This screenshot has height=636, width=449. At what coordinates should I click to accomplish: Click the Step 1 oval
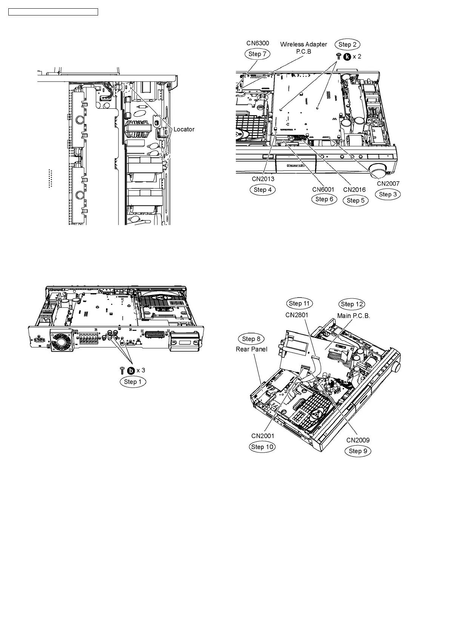point(133,382)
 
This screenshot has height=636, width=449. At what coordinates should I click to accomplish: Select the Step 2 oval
point(347,45)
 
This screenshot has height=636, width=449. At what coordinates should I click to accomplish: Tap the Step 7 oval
point(257,54)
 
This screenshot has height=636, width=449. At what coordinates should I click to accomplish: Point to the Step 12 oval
point(352,304)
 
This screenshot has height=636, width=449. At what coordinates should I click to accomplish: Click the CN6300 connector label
point(258,43)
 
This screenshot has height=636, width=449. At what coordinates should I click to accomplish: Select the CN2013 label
point(263,179)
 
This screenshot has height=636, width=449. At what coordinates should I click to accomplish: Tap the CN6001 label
point(323,189)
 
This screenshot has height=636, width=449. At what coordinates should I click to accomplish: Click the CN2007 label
point(388,184)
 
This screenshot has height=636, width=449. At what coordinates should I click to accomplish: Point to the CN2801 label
point(297,315)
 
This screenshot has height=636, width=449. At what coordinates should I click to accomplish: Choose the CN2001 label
point(263,436)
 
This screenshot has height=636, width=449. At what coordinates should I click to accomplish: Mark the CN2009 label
point(358,440)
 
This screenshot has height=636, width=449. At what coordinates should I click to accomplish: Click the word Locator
point(184,129)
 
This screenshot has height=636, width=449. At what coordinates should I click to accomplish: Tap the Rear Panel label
point(251,349)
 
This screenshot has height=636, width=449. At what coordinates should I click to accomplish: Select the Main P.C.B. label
point(354,316)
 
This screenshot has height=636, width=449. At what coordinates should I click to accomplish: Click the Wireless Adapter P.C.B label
point(303,48)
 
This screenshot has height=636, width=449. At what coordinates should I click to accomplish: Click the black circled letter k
point(347,57)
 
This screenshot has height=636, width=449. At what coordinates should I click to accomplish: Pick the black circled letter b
point(131,371)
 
